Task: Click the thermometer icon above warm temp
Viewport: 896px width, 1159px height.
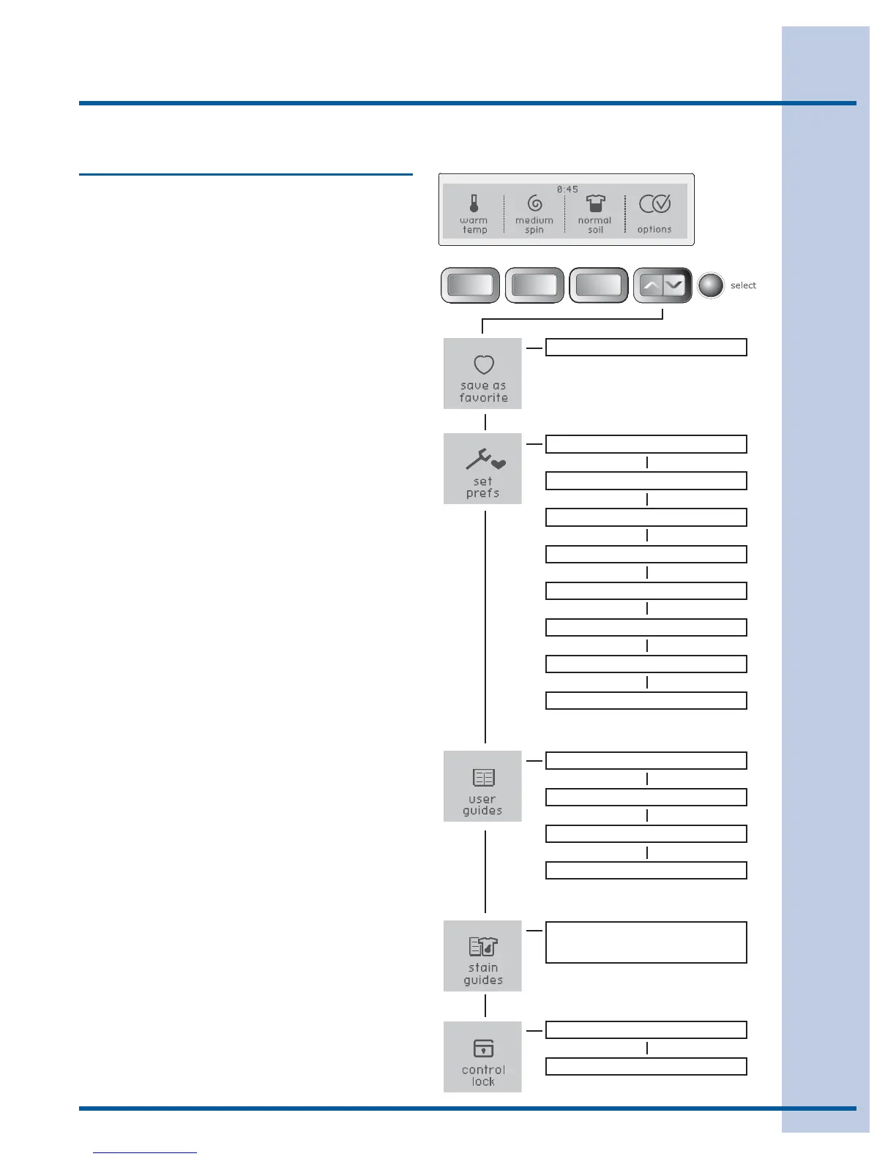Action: pos(474,203)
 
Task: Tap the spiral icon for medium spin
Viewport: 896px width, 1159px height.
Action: pos(534,204)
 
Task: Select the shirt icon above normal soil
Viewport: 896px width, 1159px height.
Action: pos(595,204)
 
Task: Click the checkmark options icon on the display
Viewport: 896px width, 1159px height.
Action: pos(654,204)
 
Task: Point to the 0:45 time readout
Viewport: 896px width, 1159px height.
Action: pos(567,190)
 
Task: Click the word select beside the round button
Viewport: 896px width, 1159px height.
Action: pos(743,285)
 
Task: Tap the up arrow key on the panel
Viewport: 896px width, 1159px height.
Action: pos(651,285)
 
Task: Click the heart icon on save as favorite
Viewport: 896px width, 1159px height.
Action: pos(483,364)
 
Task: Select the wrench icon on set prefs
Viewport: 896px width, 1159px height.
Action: pos(480,460)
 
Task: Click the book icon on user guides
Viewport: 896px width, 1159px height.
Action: pos(483,777)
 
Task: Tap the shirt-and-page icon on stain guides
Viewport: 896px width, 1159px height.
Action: pos(483,947)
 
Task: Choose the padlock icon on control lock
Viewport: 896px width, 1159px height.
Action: pos(483,1049)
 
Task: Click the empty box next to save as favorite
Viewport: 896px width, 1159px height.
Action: pos(646,347)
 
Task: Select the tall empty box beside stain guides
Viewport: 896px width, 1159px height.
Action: pos(646,942)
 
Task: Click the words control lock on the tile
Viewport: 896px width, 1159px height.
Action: pos(483,1076)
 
